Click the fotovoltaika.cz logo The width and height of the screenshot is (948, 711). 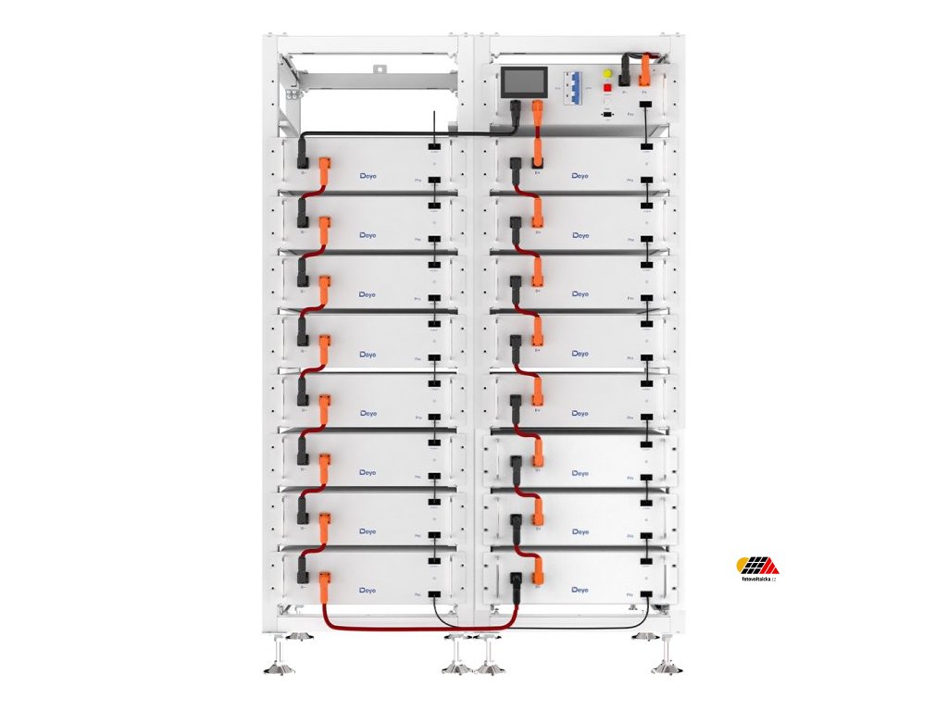pyautogui.click(x=756, y=567)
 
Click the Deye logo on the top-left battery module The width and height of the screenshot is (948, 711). pyautogui.click(x=368, y=175)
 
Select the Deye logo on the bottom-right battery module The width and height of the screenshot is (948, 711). pyautogui.click(x=580, y=589)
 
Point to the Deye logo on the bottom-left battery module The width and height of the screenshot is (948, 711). pyautogui.click(x=368, y=589)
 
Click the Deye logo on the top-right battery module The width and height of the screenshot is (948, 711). pyautogui.click(x=580, y=175)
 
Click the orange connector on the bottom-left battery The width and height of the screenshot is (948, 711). pyautogui.click(x=325, y=583)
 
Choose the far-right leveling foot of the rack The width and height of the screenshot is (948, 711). pyautogui.click(x=667, y=661)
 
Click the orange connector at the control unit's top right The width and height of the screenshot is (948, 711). pyautogui.click(x=645, y=69)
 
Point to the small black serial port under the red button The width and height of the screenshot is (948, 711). pyautogui.click(x=607, y=114)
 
